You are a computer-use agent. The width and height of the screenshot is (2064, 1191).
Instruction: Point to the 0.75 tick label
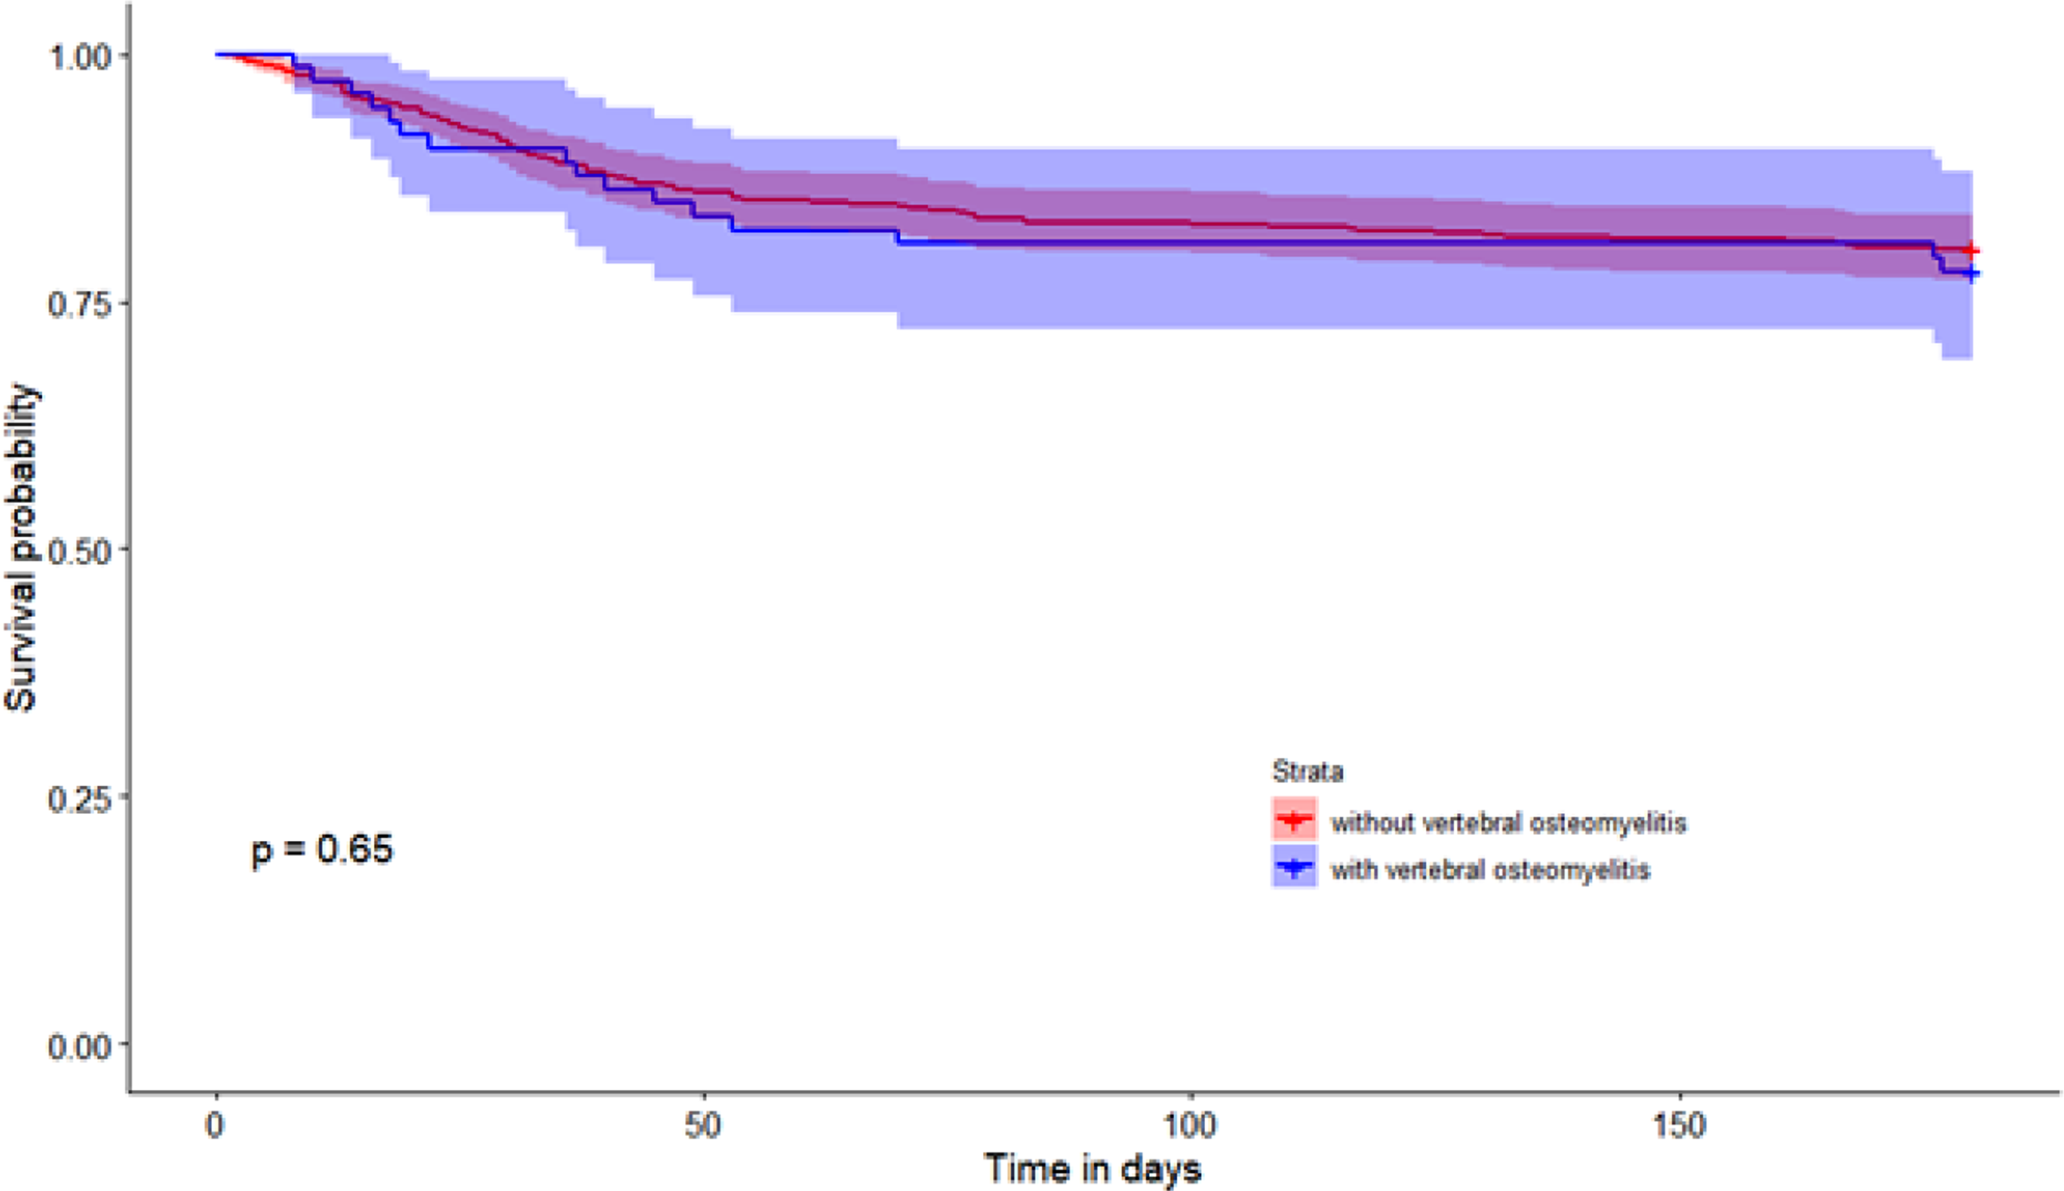(79, 304)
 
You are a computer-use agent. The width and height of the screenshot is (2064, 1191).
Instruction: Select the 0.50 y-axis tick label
(79, 551)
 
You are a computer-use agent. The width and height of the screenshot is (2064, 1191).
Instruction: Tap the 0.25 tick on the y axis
(79, 798)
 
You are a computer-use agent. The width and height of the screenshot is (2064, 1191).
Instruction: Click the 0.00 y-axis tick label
(79, 1046)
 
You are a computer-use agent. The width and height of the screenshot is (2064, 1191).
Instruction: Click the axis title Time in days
(1093, 1168)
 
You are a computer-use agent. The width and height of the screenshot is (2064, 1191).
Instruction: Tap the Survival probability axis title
(21, 548)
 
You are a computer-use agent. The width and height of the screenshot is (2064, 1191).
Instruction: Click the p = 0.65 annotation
(322, 849)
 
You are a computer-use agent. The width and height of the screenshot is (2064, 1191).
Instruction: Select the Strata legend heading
(1307, 771)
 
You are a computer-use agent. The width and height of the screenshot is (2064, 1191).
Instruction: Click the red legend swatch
(1294, 819)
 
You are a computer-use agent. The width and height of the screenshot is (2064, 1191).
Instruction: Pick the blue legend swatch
(1294, 866)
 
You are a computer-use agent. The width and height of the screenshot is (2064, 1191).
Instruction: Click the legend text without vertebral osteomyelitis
(1509, 822)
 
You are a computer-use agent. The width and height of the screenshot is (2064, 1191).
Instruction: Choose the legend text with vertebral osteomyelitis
(1490, 869)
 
